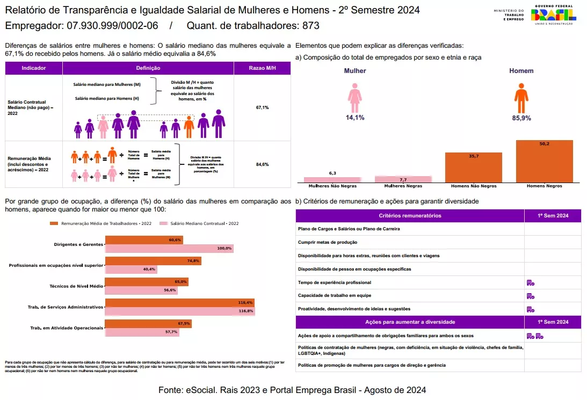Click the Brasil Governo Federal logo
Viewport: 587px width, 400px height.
pos(553,15)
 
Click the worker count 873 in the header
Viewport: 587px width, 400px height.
pos(311,26)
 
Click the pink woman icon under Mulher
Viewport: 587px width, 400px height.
pos(354,98)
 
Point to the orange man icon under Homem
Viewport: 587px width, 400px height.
pos(521,98)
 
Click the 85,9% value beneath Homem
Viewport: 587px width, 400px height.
pos(521,118)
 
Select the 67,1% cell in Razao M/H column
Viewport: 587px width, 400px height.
pos(262,107)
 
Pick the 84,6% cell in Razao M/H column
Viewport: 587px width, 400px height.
pos(262,164)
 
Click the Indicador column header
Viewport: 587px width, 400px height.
pos(34,68)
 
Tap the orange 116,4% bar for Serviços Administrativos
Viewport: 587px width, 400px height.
pos(179,303)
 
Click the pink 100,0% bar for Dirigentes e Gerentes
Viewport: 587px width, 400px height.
pos(169,248)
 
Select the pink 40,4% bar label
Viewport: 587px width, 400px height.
pos(149,269)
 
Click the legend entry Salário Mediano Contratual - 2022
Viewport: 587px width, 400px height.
pos(205,223)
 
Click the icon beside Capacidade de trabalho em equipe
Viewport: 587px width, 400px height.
pos(530,296)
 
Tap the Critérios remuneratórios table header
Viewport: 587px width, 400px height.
pos(410,215)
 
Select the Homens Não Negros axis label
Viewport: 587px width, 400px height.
pos(473,186)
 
